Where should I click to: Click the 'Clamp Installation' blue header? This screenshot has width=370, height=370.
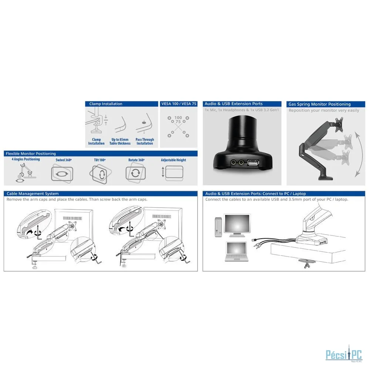click(x=106, y=104)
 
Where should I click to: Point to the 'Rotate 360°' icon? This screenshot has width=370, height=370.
click(x=135, y=173)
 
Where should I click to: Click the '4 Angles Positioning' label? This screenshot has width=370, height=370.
click(x=26, y=159)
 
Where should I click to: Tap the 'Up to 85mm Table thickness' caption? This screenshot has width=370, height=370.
click(x=120, y=141)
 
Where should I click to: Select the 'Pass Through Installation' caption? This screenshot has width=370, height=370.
click(x=145, y=141)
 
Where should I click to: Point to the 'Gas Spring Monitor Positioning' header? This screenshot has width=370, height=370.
click(x=319, y=104)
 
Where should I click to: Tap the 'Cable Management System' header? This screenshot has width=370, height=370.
click(x=33, y=194)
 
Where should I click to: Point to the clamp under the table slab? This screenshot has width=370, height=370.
click(x=307, y=263)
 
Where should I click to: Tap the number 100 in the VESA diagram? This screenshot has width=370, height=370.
click(x=178, y=118)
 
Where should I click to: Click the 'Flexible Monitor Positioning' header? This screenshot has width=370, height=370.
click(x=31, y=154)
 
